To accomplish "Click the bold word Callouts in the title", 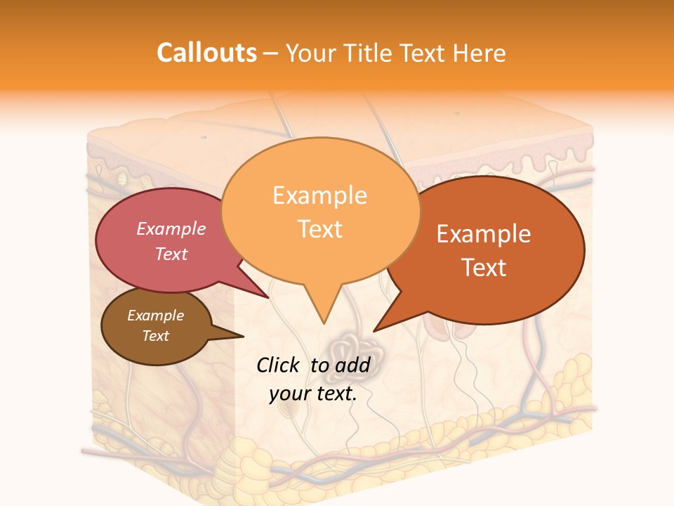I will pos(206,53).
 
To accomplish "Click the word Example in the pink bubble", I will pos(171,228).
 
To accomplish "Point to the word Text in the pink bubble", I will pos(171,254).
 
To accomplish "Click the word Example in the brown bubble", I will pos(155,316).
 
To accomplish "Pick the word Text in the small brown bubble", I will pos(155,336).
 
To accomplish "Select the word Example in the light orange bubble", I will pos(319,195).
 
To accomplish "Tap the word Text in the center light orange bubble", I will pos(319,229).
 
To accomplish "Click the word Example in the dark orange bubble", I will pos(484,234).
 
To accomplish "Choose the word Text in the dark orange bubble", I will pos(484,268).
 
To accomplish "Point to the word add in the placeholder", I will pos(353,365).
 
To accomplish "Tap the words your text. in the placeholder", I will pos(312,394).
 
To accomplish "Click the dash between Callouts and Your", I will pos(271,53).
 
